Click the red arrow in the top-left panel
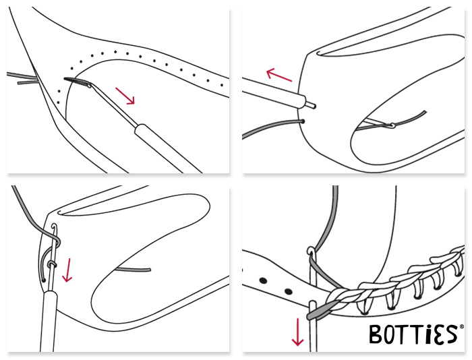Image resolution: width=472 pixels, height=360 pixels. [125, 96]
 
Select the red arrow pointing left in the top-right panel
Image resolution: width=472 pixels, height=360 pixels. [279, 75]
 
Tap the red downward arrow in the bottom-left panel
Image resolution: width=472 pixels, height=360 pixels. [67, 270]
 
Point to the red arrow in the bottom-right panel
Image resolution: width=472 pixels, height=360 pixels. [298, 332]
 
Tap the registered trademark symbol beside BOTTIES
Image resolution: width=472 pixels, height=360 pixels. [462, 327]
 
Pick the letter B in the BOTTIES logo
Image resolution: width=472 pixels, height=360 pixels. [376, 334]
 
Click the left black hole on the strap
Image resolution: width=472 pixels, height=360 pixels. [264, 281]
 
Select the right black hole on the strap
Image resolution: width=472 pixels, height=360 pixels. [289, 291]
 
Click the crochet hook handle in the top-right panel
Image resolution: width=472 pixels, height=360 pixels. [273, 92]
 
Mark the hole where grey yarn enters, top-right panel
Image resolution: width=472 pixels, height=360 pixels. [302, 121]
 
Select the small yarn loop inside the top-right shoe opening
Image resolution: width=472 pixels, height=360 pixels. [391, 125]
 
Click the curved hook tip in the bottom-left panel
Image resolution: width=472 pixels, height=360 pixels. [54, 226]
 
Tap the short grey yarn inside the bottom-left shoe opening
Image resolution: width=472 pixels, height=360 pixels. [134, 269]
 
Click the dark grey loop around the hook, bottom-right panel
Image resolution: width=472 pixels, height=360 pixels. [320, 312]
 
